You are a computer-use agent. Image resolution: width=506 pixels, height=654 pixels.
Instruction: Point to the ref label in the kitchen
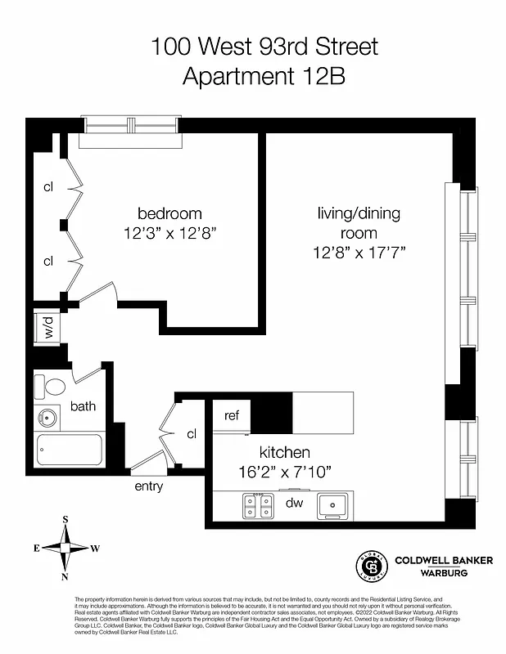232,415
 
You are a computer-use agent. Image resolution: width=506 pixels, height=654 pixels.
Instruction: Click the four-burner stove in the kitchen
260,506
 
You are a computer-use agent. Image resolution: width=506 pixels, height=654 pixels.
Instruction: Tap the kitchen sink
332,505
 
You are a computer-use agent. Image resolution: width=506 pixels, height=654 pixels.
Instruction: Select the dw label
295,504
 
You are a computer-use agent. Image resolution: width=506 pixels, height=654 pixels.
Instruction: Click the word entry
148,486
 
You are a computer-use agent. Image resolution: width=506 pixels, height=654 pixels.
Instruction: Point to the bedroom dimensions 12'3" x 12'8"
171,232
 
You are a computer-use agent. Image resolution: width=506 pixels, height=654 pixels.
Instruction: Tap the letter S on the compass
66,520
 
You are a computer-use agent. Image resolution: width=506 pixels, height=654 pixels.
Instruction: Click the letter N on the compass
66,576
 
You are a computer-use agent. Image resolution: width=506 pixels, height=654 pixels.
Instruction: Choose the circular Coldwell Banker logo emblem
370,567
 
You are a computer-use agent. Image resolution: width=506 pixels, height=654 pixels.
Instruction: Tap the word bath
83,405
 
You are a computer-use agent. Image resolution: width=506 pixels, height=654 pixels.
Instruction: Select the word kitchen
285,452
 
